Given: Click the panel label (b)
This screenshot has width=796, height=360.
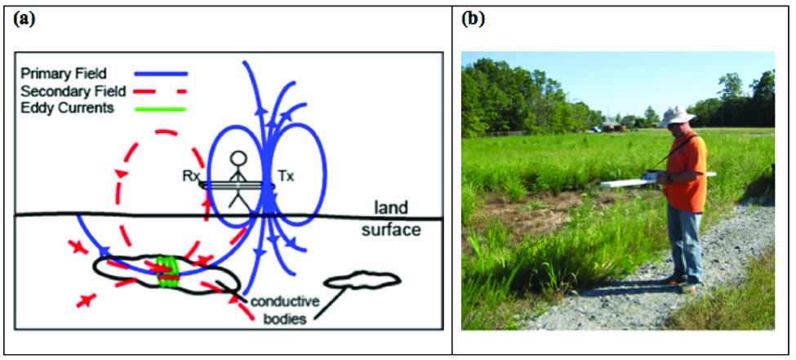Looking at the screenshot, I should pyautogui.click(x=474, y=19).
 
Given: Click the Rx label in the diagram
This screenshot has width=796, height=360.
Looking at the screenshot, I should pyautogui.click(x=192, y=175).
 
